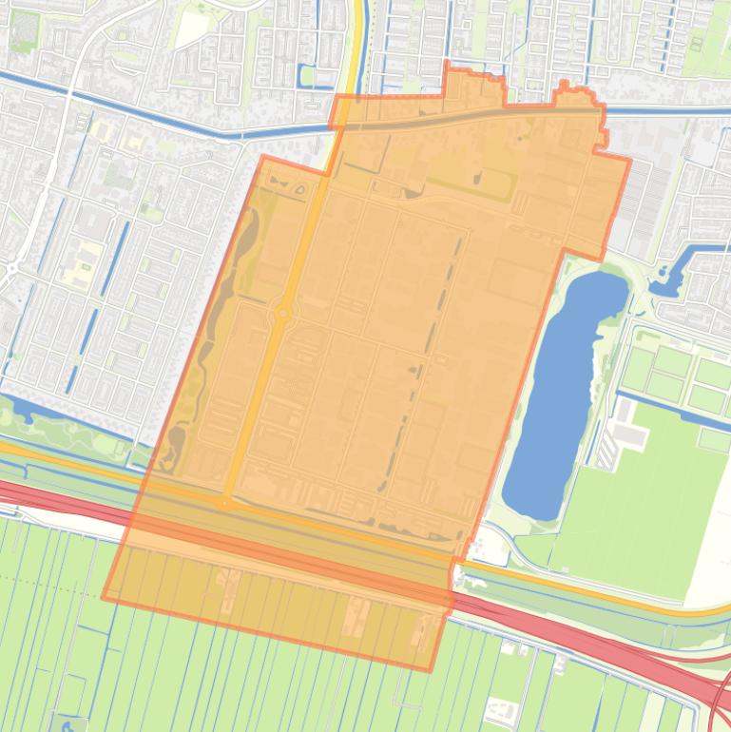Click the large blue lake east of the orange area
[561, 390]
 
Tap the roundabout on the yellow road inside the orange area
[282, 313]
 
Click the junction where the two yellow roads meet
[225, 503]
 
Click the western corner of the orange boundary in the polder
[103, 597]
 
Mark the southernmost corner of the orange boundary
[429, 671]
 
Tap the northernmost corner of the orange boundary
[447, 62]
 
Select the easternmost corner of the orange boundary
[629, 160]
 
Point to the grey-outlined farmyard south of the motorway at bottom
[501, 707]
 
